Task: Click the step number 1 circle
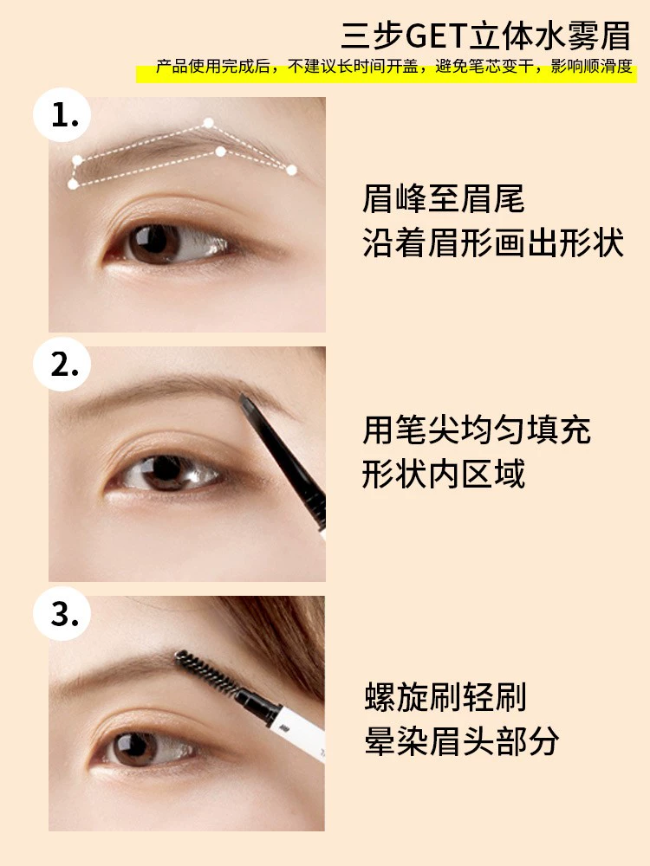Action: point(62,115)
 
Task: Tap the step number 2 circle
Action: point(62,364)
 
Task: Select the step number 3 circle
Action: point(62,613)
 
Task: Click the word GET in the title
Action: point(436,36)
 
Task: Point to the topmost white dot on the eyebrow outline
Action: point(208,123)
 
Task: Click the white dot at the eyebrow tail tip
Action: point(291,170)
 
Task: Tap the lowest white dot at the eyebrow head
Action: point(73,184)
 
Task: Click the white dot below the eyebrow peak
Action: point(220,151)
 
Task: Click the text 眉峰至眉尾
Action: point(443,199)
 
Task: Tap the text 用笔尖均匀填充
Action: point(477,430)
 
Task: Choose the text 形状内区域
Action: point(443,474)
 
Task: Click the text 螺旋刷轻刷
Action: point(445,697)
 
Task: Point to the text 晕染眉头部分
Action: point(462,740)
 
